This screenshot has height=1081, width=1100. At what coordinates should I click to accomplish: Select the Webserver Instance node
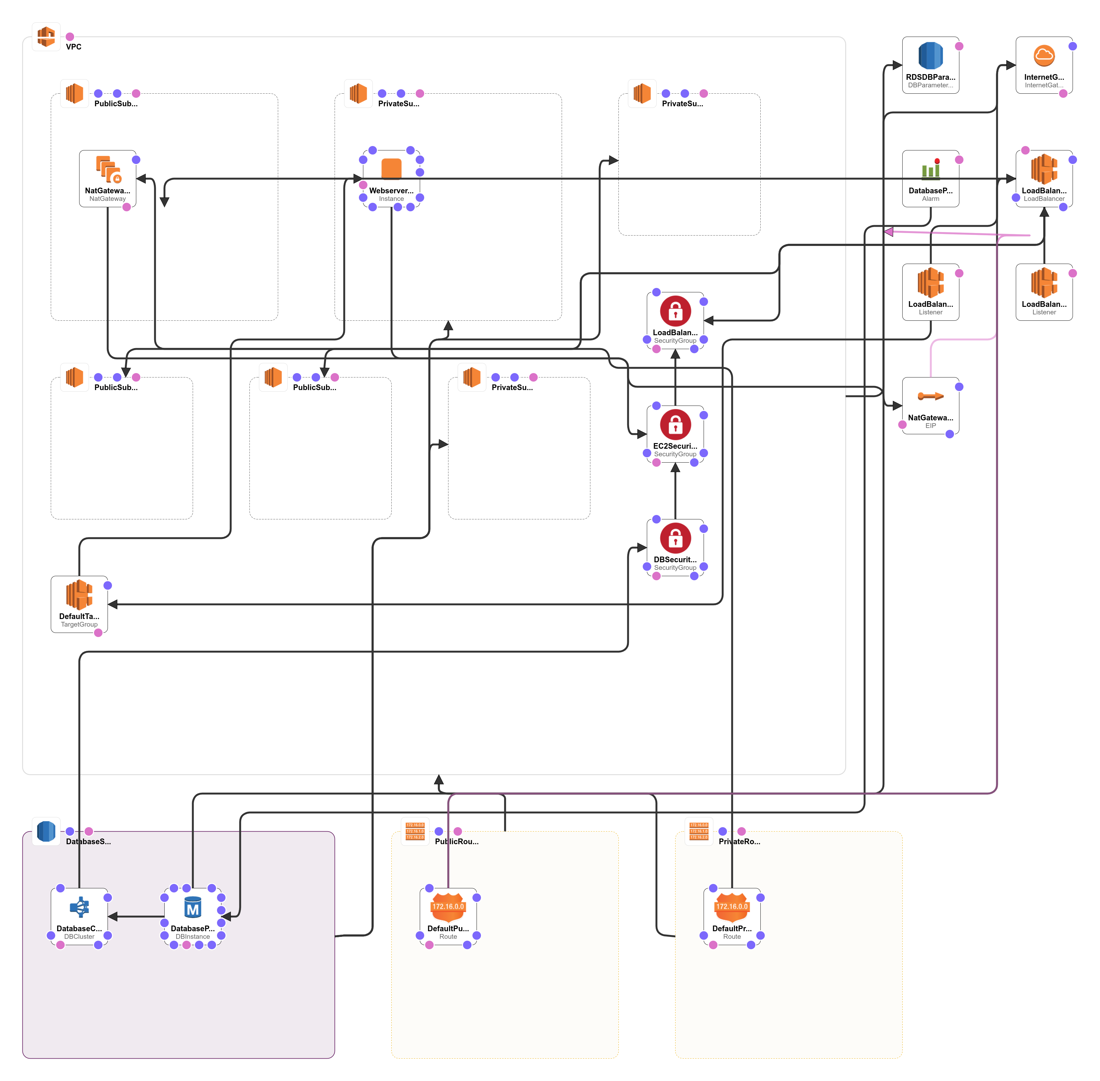(391, 178)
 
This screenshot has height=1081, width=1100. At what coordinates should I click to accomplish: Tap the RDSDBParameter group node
(930, 65)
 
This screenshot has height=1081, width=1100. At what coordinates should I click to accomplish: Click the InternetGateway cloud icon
(1044, 56)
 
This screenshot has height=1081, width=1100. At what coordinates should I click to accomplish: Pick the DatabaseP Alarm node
(930, 178)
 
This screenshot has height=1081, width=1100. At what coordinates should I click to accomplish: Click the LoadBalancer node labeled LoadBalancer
(1044, 178)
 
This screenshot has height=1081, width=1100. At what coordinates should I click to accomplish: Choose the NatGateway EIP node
(930, 406)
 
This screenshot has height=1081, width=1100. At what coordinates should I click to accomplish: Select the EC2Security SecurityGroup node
(675, 434)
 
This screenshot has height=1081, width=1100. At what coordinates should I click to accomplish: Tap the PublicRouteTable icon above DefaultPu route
(415, 831)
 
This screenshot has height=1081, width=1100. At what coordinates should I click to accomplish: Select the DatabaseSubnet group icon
(46, 831)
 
